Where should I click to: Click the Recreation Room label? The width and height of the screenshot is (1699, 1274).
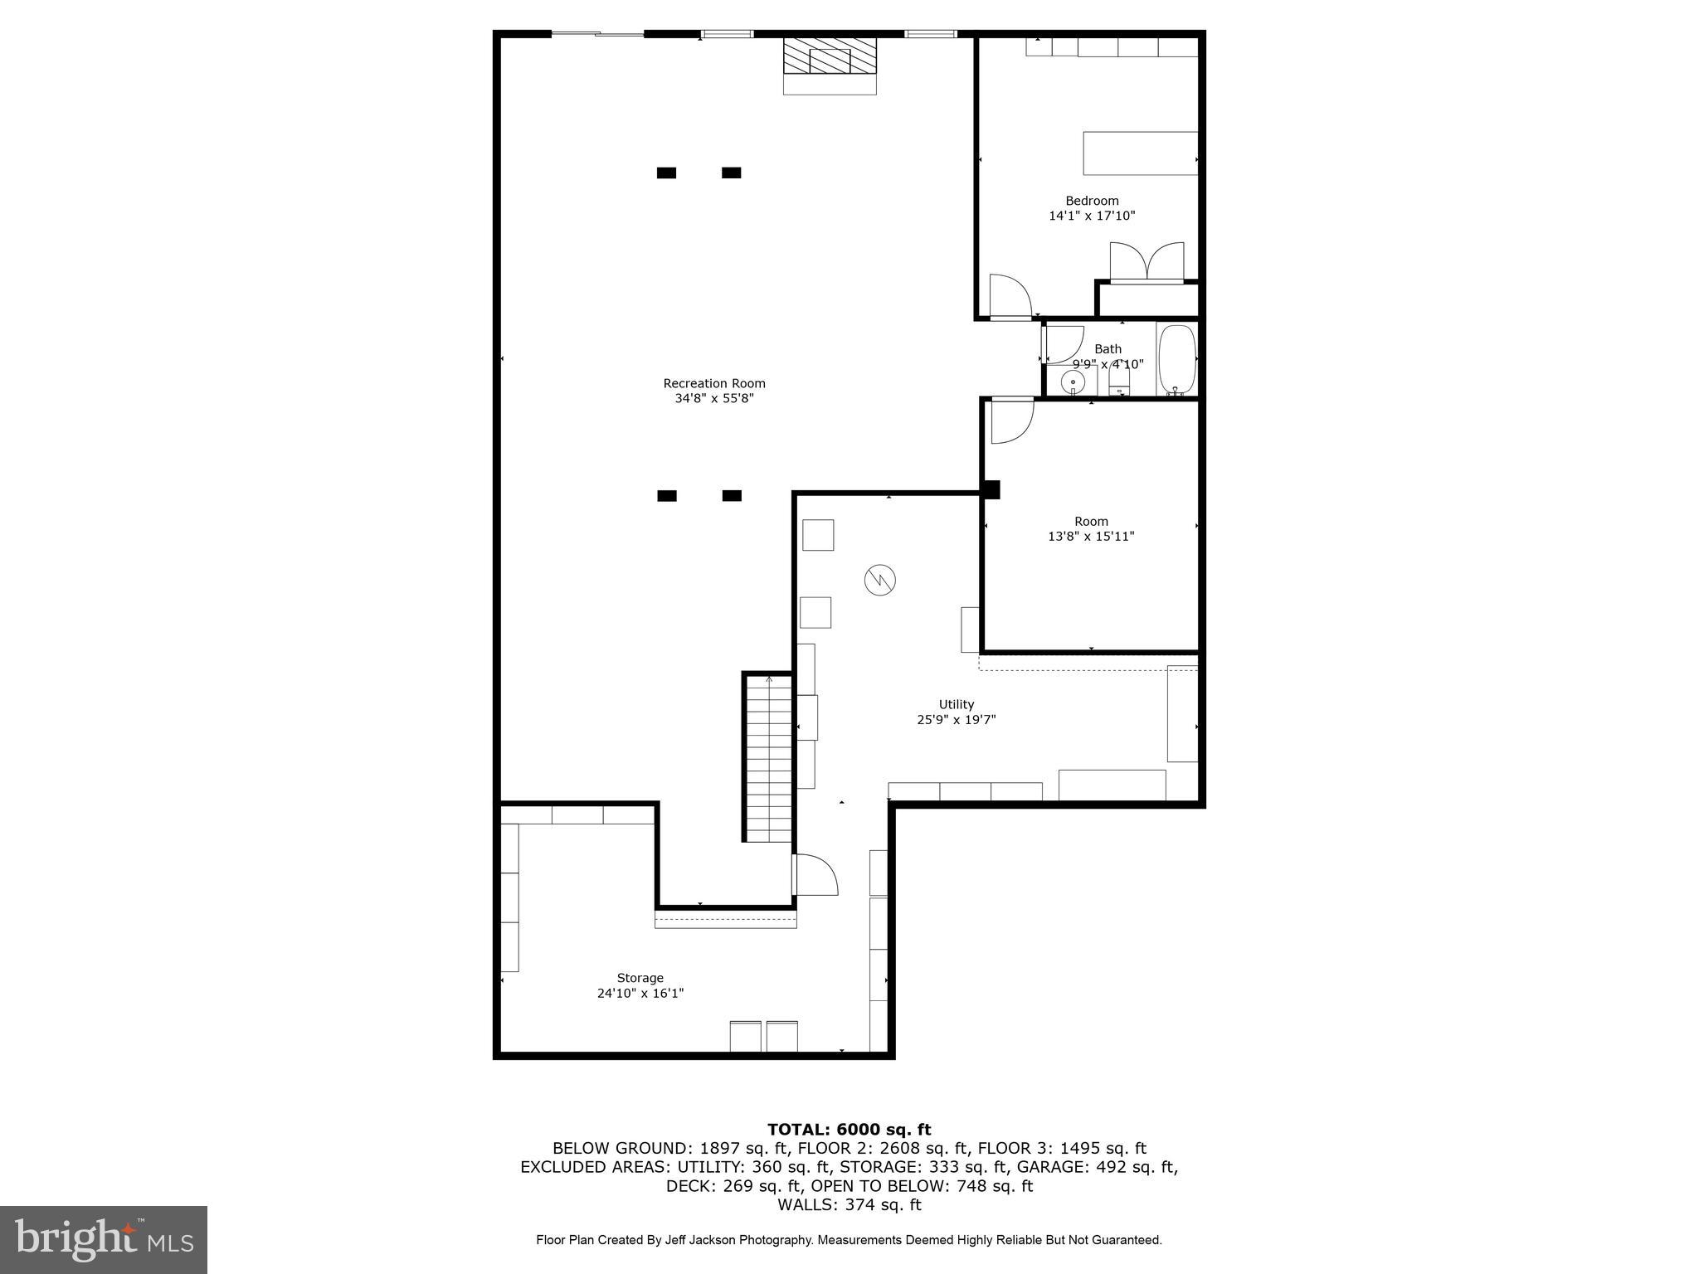pyautogui.click(x=713, y=383)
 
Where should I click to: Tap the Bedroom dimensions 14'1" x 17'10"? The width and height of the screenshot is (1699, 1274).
pyautogui.click(x=1091, y=216)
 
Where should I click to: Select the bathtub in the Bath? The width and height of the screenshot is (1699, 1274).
pyautogui.click(x=1176, y=360)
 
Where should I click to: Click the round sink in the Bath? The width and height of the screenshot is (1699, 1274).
pyautogui.click(x=1073, y=382)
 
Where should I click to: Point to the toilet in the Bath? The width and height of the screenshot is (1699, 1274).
pyautogui.click(x=1119, y=382)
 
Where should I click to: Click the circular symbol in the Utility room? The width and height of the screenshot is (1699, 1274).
pyautogui.click(x=880, y=579)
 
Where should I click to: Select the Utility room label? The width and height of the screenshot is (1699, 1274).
pyautogui.click(x=956, y=704)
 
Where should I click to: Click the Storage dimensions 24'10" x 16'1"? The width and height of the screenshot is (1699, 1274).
pyautogui.click(x=640, y=993)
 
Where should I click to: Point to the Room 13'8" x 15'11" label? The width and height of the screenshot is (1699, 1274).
pyautogui.click(x=1091, y=528)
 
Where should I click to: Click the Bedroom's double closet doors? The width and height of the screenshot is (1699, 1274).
pyautogui.click(x=1146, y=262)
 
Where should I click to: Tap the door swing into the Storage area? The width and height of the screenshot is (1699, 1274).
pyautogui.click(x=816, y=875)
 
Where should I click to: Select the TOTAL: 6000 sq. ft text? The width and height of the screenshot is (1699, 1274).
pyautogui.click(x=849, y=1129)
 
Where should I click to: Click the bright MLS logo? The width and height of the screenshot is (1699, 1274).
pyautogui.click(x=104, y=1239)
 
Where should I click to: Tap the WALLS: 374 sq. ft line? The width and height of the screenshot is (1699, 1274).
pyautogui.click(x=849, y=1204)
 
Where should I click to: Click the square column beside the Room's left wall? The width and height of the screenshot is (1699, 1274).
pyautogui.click(x=991, y=490)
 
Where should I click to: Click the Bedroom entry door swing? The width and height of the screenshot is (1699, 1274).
pyautogui.click(x=1010, y=297)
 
